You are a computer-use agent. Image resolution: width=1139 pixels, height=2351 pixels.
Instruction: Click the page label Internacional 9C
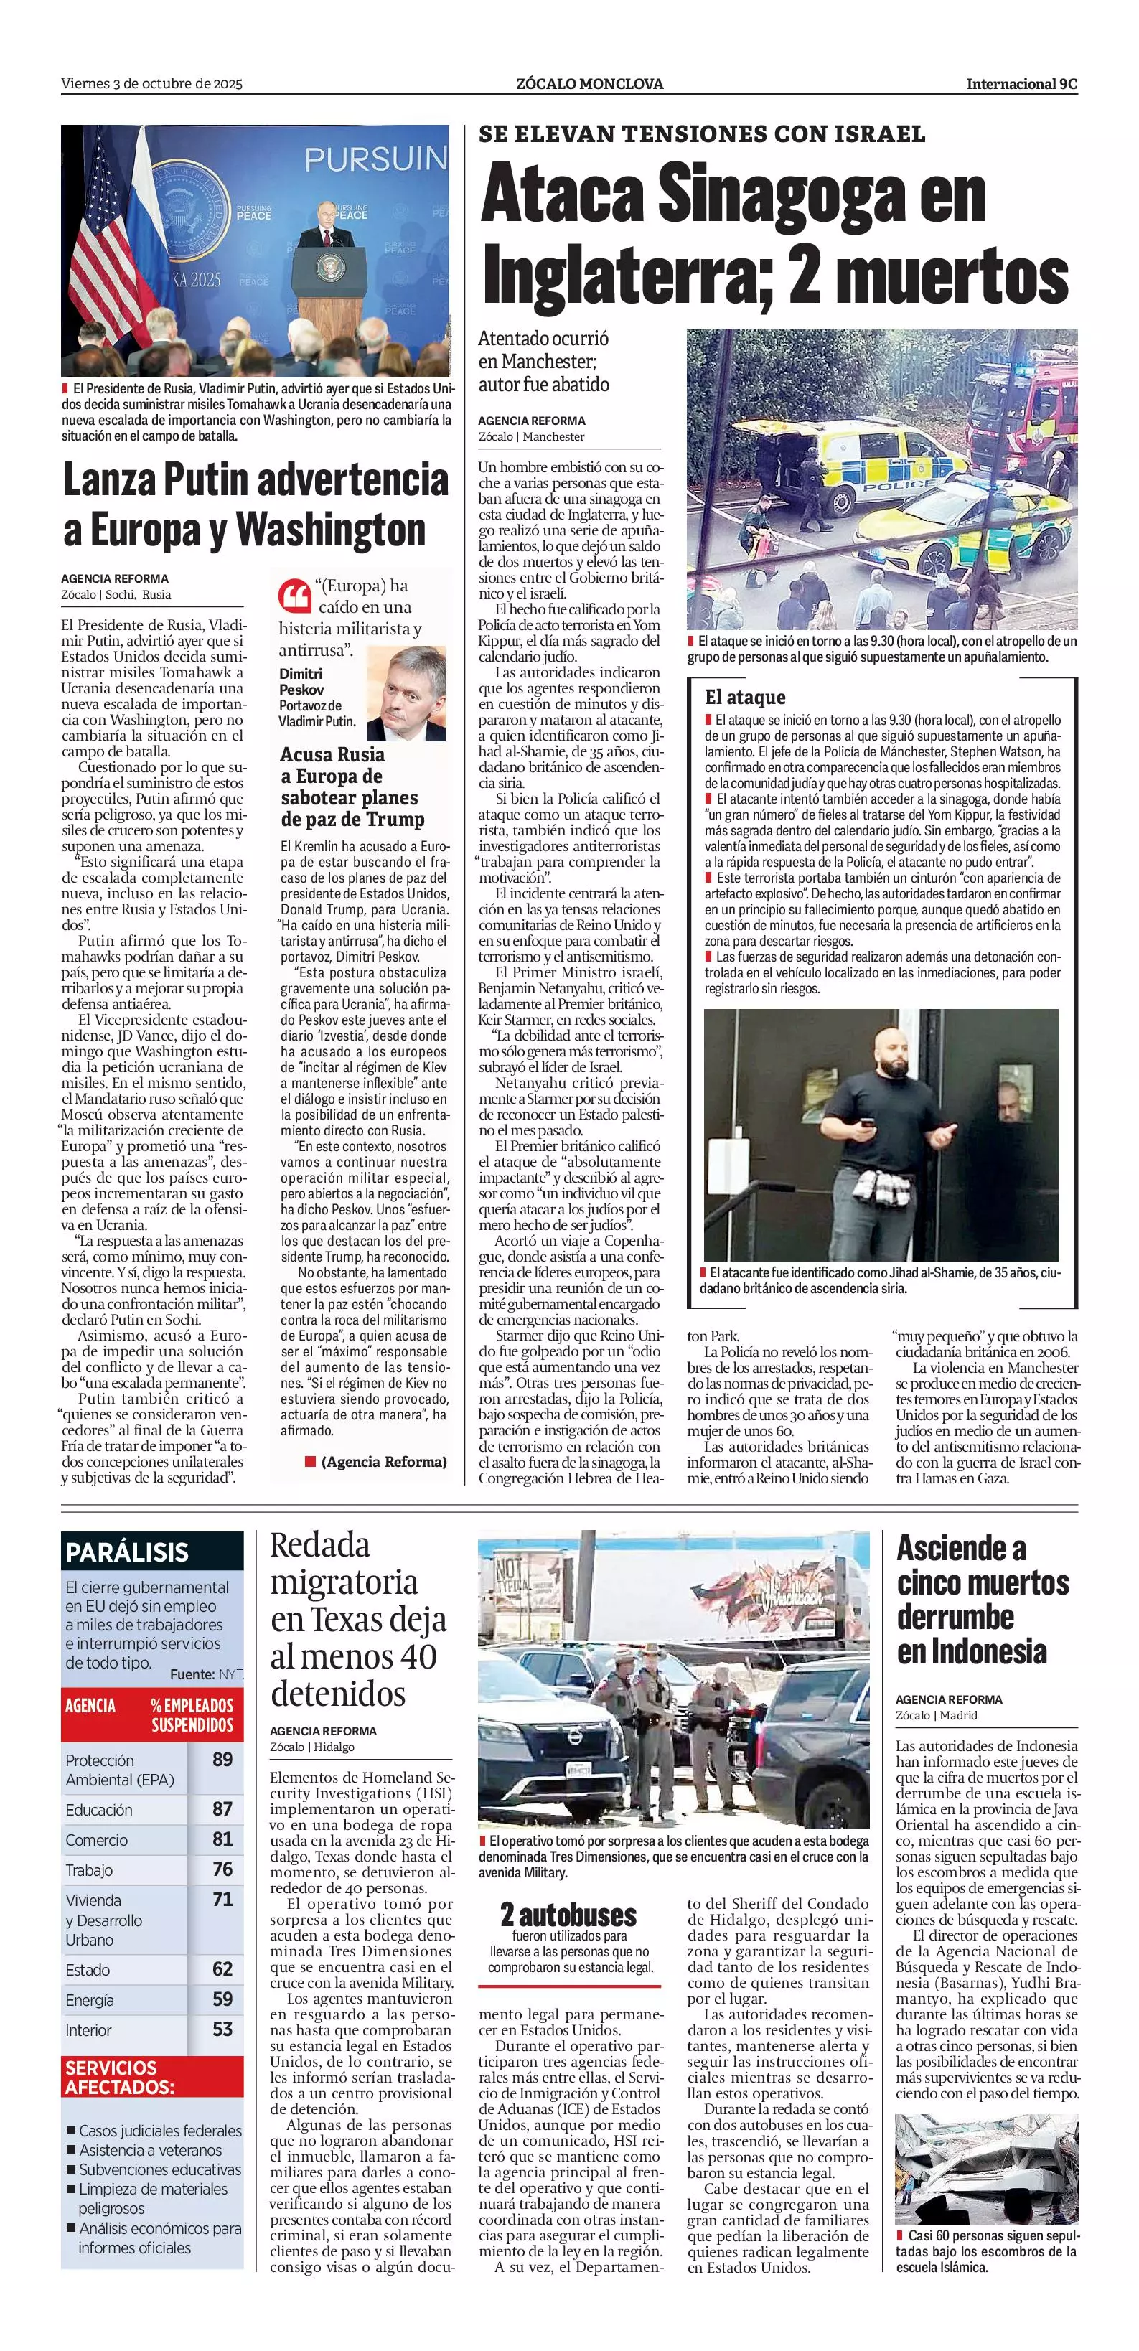pos(1021,84)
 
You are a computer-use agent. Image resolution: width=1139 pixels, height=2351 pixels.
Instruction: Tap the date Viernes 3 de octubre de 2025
pos(151,84)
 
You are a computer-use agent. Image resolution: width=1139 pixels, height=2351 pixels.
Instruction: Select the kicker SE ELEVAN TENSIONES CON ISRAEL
pos(701,134)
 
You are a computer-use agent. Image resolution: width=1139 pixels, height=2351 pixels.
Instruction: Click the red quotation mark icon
pos(294,595)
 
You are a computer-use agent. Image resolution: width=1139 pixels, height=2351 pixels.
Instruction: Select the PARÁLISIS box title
pos(127,1552)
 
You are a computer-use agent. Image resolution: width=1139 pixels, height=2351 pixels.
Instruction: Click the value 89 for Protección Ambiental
pos(222,1759)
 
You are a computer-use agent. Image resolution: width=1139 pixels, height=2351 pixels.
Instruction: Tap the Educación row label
pos(98,1809)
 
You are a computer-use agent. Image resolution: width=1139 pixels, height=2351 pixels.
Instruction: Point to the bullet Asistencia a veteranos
pos(150,2150)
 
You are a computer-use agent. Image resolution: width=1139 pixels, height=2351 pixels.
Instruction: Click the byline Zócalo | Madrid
pos(923,1715)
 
